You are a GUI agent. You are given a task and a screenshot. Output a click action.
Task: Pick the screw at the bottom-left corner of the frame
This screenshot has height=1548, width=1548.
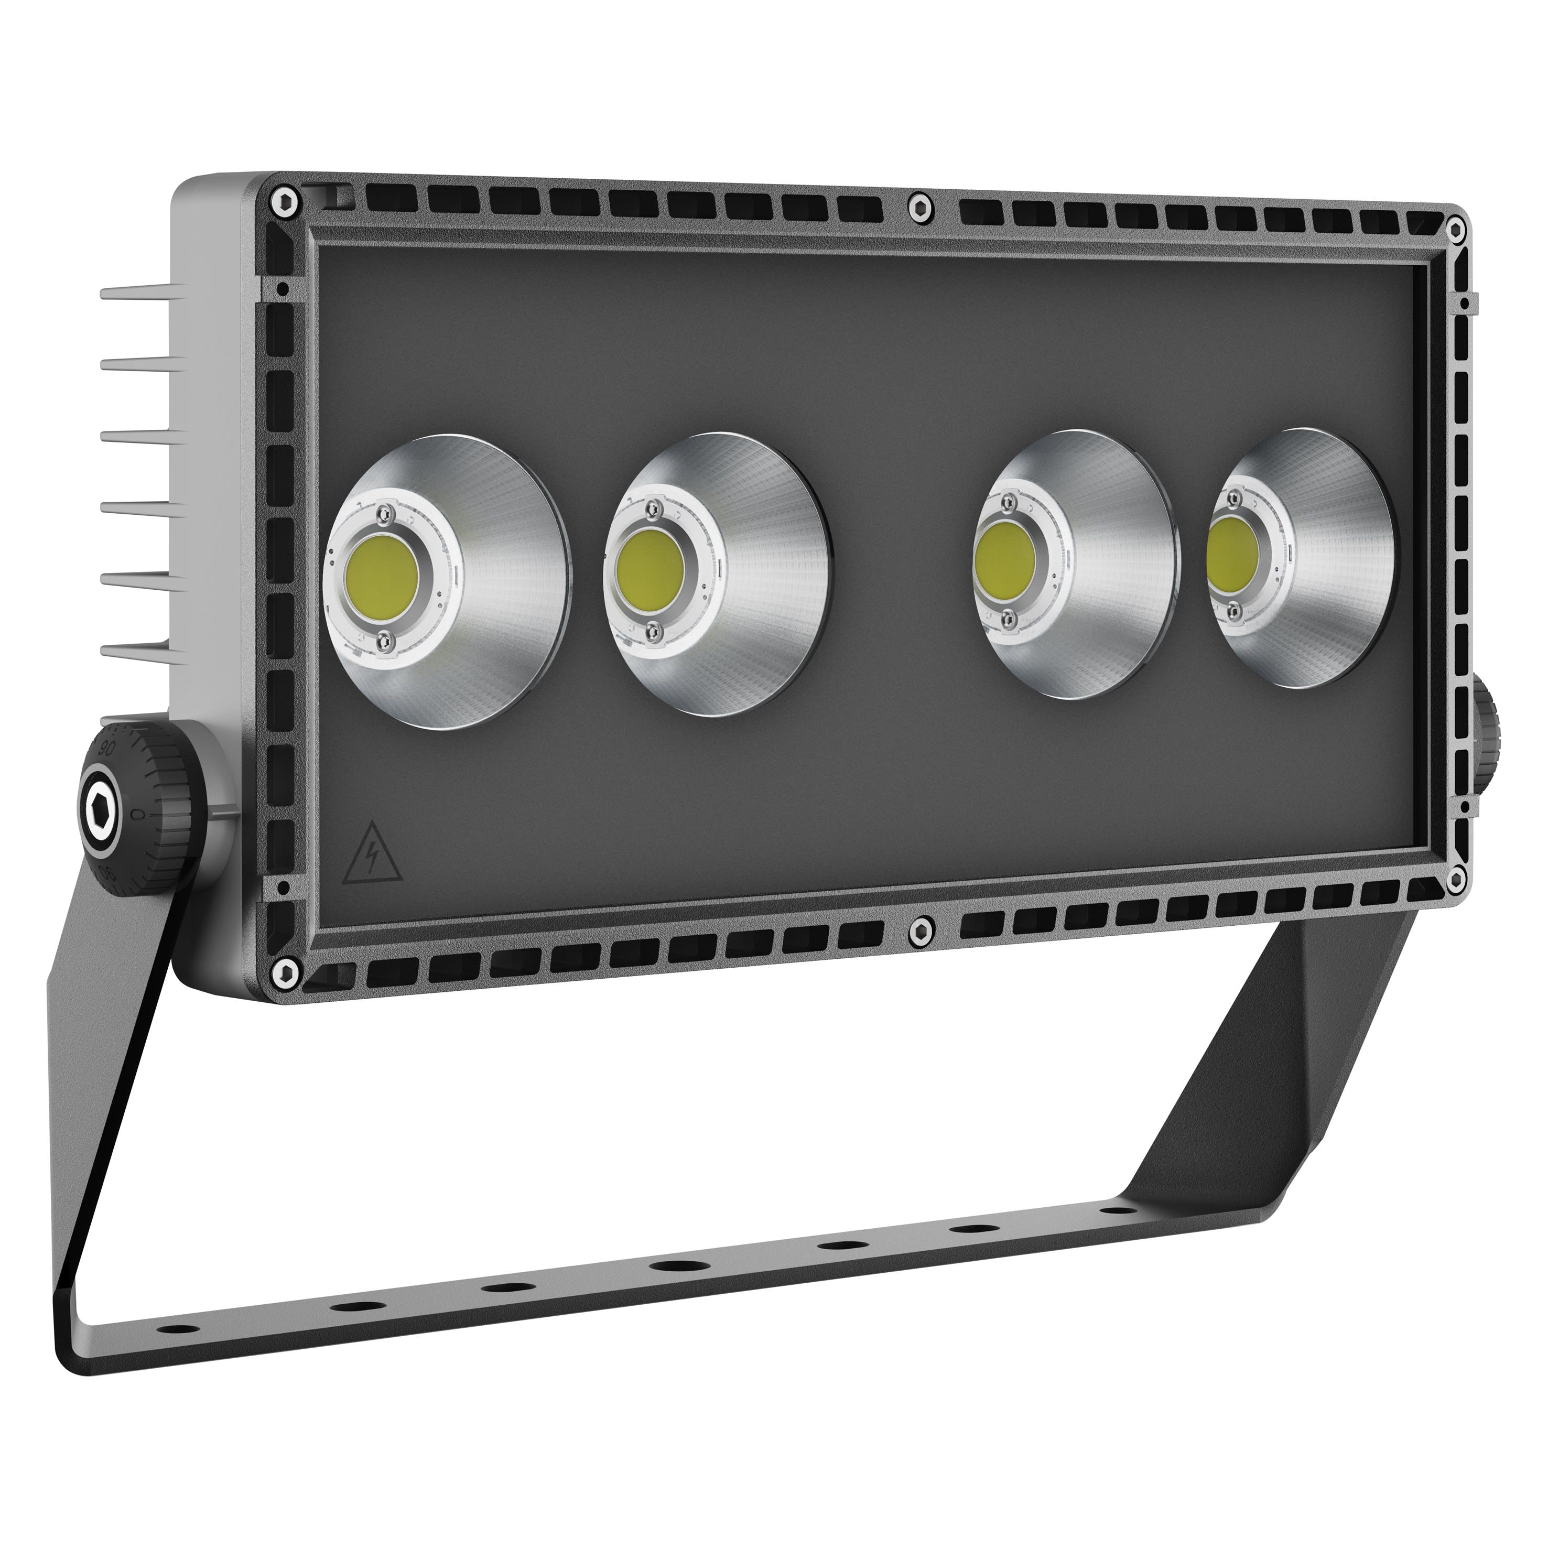click(285, 973)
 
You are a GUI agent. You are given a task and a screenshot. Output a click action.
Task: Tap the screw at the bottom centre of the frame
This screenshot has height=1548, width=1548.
click(919, 930)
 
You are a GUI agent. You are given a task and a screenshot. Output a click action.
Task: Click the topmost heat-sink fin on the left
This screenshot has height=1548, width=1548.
click(136, 293)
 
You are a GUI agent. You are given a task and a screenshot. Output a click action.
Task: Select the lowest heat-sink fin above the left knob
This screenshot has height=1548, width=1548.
click(136, 653)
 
